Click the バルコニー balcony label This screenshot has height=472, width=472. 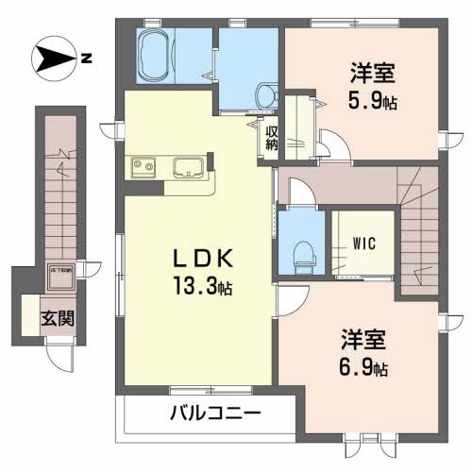[x=215, y=413]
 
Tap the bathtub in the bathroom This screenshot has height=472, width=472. [x=156, y=57]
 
